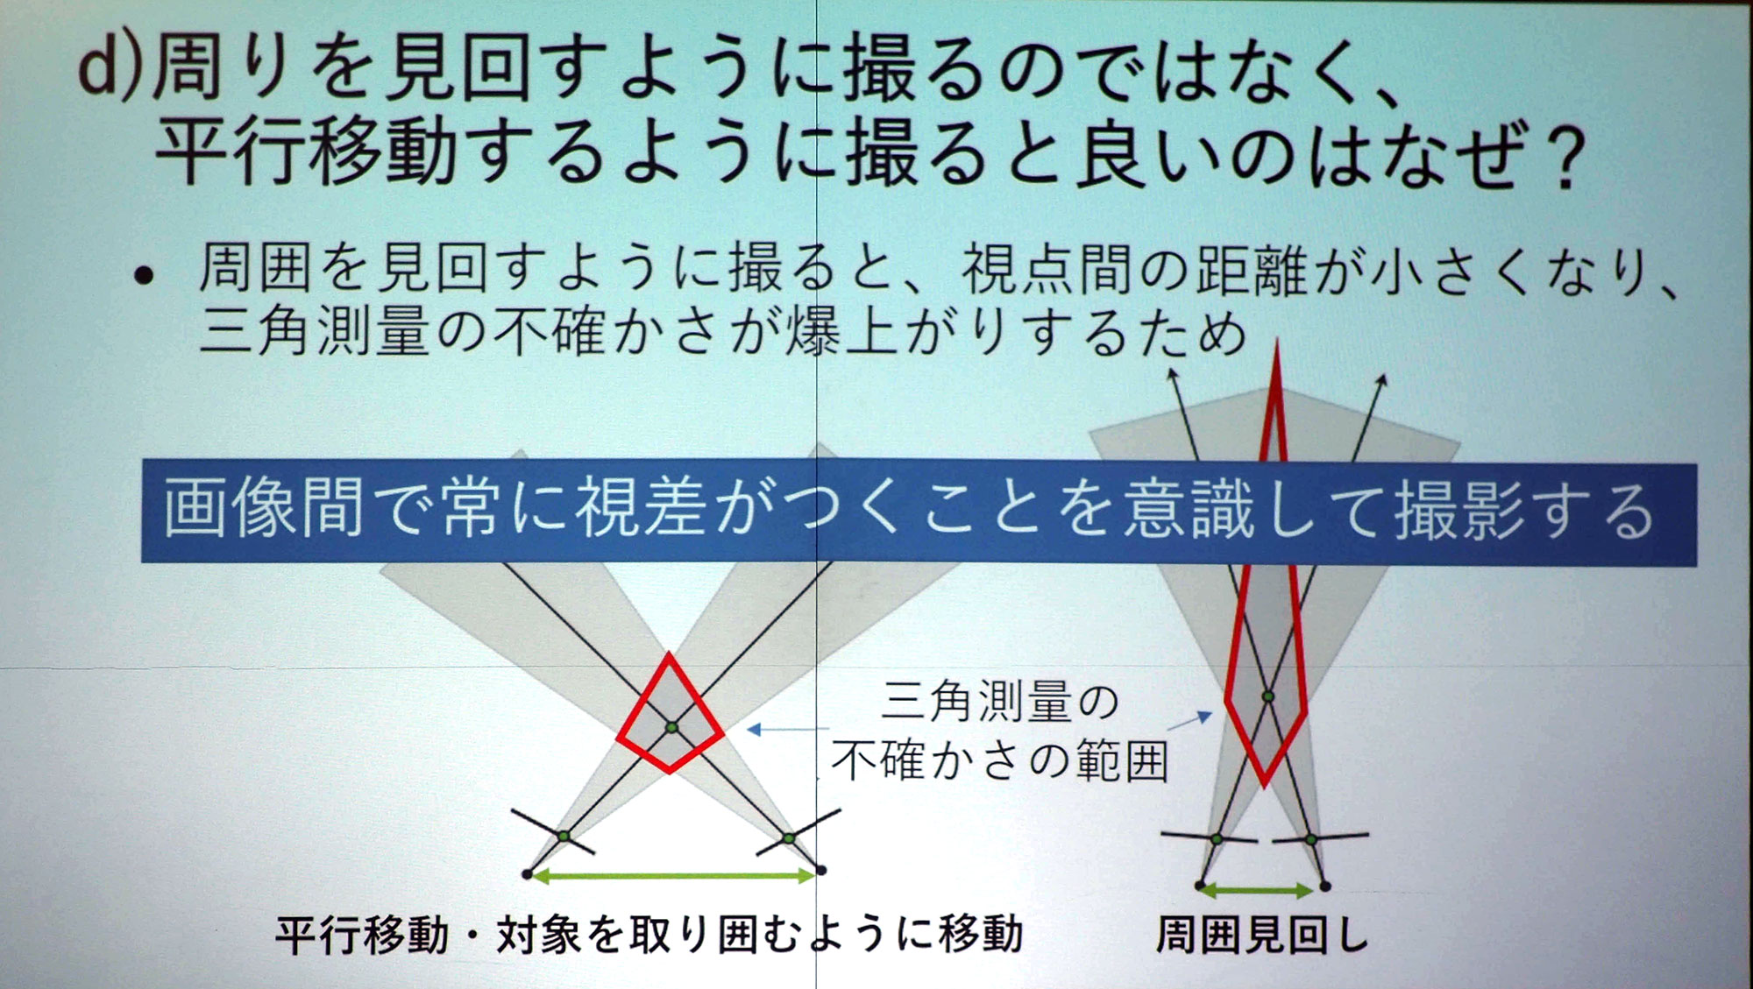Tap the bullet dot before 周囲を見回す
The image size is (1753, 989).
[x=144, y=277]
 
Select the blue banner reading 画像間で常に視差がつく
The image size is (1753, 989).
[x=919, y=512]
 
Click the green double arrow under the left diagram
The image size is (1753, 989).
[x=673, y=875]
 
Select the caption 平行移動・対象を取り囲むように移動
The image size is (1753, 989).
[x=649, y=934]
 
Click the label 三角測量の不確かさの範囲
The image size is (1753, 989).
[x=1000, y=731]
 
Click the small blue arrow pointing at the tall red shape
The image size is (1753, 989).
[x=1190, y=721]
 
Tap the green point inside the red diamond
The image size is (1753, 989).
[x=671, y=727]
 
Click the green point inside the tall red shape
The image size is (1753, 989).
[x=1267, y=697]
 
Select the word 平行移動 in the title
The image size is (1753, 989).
[x=306, y=152]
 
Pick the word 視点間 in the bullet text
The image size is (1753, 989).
[x=1047, y=269]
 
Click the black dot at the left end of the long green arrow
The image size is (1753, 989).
[x=527, y=874]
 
